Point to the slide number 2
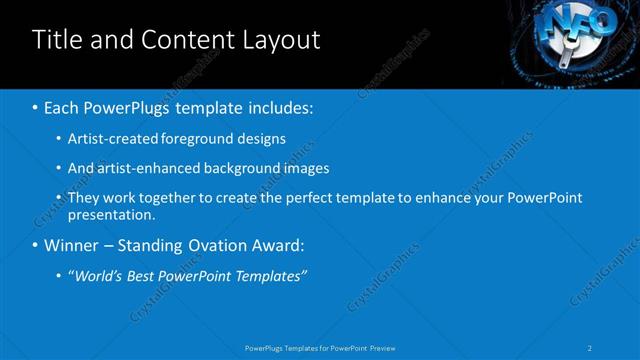click(x=590, y=347)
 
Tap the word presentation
click(x=109, y=213)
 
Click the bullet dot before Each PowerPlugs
click(x=36, y=107)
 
